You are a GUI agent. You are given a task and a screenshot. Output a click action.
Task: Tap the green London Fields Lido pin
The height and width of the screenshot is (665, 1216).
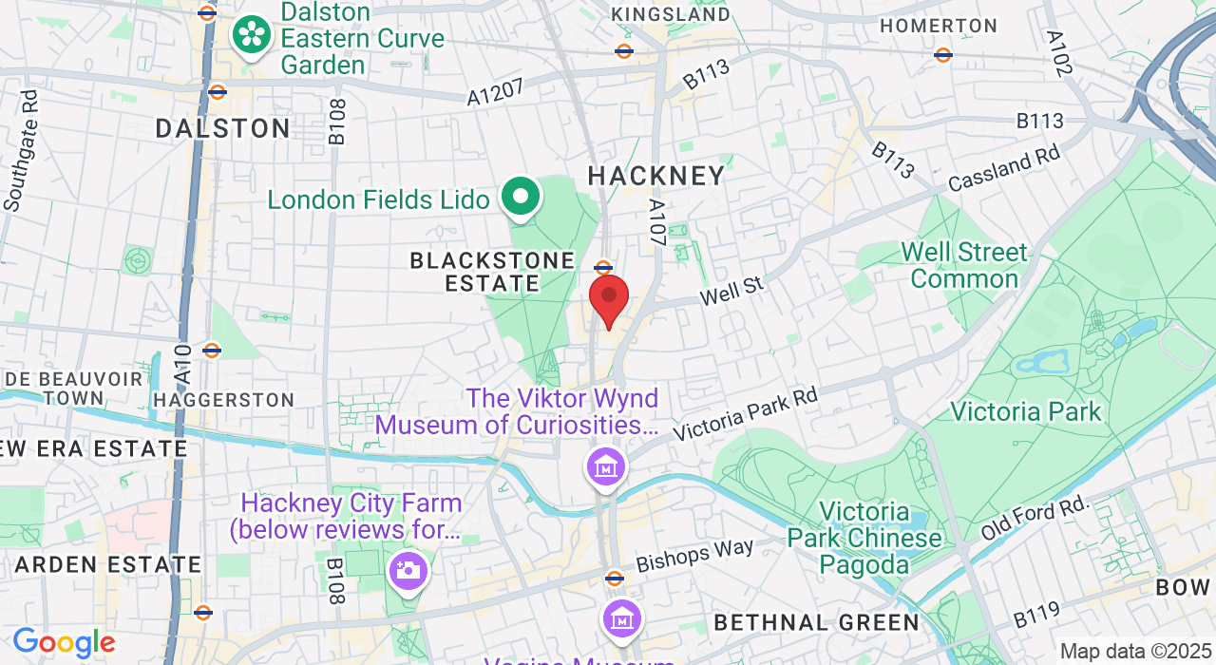click(x=521, y=198)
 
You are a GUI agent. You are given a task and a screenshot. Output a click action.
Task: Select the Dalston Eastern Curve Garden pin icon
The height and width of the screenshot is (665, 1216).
click(x=252, y=35)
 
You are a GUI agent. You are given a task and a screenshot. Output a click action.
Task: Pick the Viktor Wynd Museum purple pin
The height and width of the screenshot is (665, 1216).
click(x=606, y=467)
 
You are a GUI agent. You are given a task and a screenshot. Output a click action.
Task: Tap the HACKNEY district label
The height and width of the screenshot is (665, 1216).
click(x=656, y=176)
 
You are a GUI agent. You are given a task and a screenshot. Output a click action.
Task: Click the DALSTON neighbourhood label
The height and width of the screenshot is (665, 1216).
click(x=222, y=128)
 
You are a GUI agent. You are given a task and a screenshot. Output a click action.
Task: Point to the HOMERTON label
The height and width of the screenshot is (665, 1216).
click(x=939, y=26)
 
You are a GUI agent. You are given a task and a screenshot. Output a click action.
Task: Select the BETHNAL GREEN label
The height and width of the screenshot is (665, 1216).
click(x=816, y=622)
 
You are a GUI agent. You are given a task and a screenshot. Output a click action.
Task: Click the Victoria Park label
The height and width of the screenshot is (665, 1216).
click(x=1025, y=411)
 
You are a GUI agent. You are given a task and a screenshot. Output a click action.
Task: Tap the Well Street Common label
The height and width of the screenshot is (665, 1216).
click(x=964, y=265)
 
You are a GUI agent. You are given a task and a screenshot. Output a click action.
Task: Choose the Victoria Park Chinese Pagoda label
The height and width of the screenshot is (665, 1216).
click(x=864, y=539)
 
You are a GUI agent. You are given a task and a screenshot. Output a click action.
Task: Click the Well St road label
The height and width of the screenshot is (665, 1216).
click(x=731, y=291)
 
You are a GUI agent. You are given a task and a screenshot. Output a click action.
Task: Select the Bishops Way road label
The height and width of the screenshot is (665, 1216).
click(x=694, y=556)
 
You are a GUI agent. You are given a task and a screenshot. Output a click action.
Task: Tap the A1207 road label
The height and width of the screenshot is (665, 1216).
click(x=495, y=91)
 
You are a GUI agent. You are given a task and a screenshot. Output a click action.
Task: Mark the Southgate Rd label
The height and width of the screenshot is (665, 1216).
click(x=19, y=150)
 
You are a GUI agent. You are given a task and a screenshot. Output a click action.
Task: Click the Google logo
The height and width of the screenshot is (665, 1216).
click(x=64, y=643)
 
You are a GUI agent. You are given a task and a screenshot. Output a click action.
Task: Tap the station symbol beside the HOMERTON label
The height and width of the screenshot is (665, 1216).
click(x=943, y=55)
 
